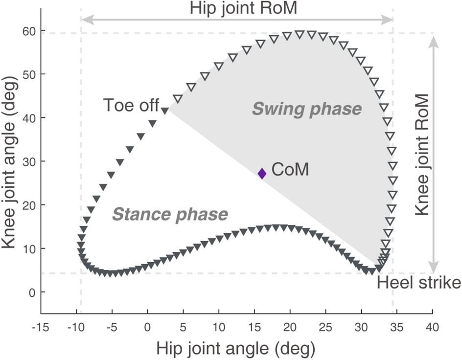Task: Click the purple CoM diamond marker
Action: coord(262,173)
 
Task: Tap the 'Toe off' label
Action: coord(131,106)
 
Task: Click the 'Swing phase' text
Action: coord(307,109)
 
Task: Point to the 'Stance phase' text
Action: coord(170,214)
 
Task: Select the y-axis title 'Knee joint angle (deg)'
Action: coord(10,161)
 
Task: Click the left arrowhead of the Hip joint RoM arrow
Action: coord(85,20)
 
